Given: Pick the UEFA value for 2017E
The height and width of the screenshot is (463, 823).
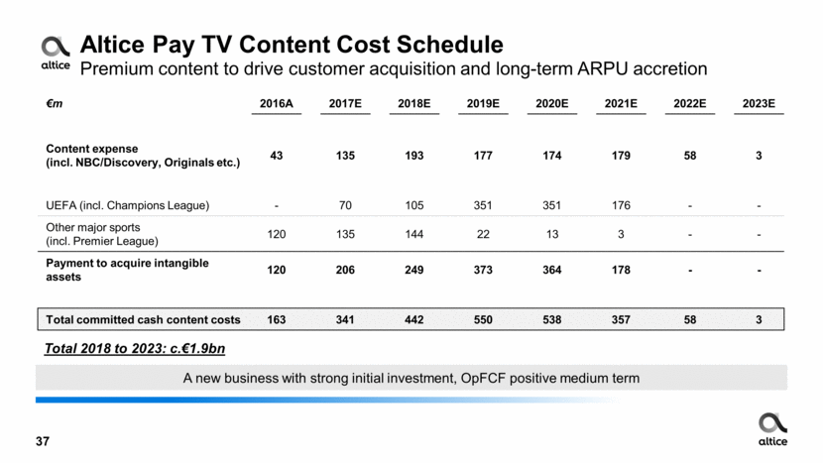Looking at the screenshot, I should point(340,205).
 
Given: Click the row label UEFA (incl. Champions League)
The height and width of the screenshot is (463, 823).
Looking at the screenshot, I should point(128,205).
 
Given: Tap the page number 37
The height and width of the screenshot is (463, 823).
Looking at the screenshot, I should point(42,441).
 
